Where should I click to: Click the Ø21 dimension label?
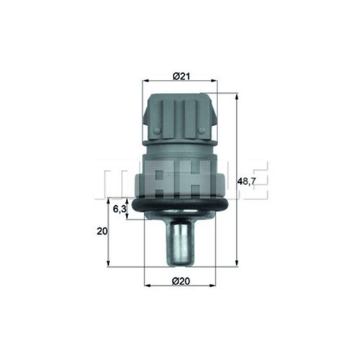[x=181, y=75]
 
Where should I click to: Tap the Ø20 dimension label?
[x=181, y=280]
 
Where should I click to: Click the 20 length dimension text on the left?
[x=102, y=231]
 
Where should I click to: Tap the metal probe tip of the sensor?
[x=181, y=245]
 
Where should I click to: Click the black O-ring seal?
[x=181, y=207]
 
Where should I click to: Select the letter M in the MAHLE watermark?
[x=114, y=181]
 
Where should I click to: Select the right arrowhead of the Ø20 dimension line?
[x=214, y=286]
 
